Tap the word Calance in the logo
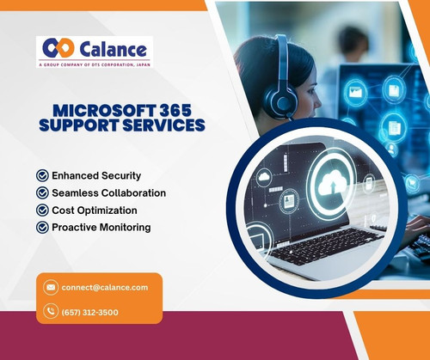point(111,46)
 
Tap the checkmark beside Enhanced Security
point(42,175)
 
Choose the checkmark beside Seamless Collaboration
point(42,192)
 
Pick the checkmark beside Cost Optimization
point(42,210)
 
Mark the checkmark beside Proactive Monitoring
point(42,227)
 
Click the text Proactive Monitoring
point(101,227)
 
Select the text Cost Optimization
point(95,210)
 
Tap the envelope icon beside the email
point(52,287)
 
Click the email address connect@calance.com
point(105,287)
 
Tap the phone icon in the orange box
point(52,312)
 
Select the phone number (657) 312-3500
point(90,312)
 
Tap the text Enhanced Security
point(96,175)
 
